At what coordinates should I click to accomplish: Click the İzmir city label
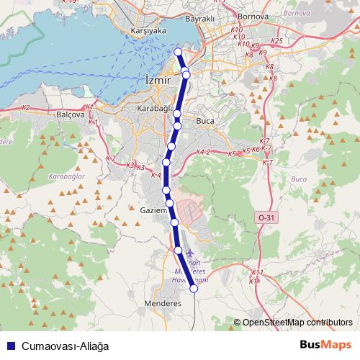coord(158,81)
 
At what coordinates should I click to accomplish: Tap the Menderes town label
coord(163,303)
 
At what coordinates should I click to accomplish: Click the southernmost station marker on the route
coord(194,289)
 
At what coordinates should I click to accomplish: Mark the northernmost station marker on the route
coord(179,52)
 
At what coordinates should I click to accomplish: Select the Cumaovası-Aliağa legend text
coord(65,346)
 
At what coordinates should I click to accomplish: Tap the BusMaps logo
coord(325,345)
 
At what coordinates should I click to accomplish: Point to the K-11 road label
coord(258,272)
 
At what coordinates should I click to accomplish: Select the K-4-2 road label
coord(203,153)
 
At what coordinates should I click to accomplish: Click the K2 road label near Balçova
coord(26,107)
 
